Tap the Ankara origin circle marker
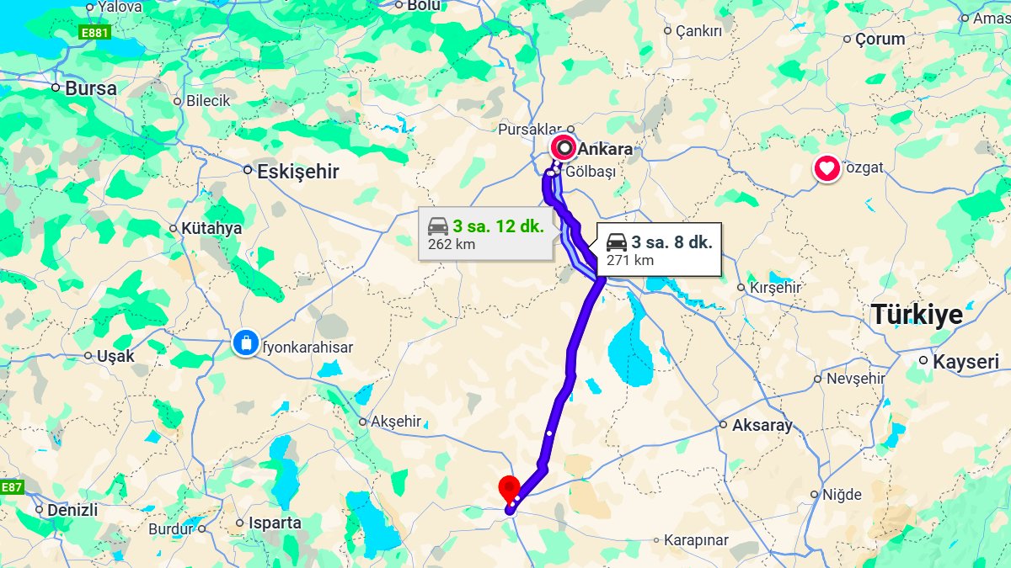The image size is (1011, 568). point(564,149)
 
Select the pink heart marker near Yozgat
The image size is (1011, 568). point(827,169)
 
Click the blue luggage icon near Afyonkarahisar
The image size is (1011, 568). point(245,343)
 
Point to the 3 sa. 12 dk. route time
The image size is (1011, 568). point(498,226)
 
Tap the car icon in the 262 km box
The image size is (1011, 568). point(438,226)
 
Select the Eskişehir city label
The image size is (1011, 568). point(297,172)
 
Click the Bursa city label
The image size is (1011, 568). point(90,88)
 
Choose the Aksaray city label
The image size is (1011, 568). point(762,425)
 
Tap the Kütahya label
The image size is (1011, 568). point(211,228)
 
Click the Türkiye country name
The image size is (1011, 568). point(917,314)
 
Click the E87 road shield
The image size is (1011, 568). point(11,487)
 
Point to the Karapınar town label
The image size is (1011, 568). point(697,539)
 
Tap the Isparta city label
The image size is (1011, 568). point(274,523)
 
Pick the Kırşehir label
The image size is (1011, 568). point(775,287)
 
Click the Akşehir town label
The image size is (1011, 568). point(395,422)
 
